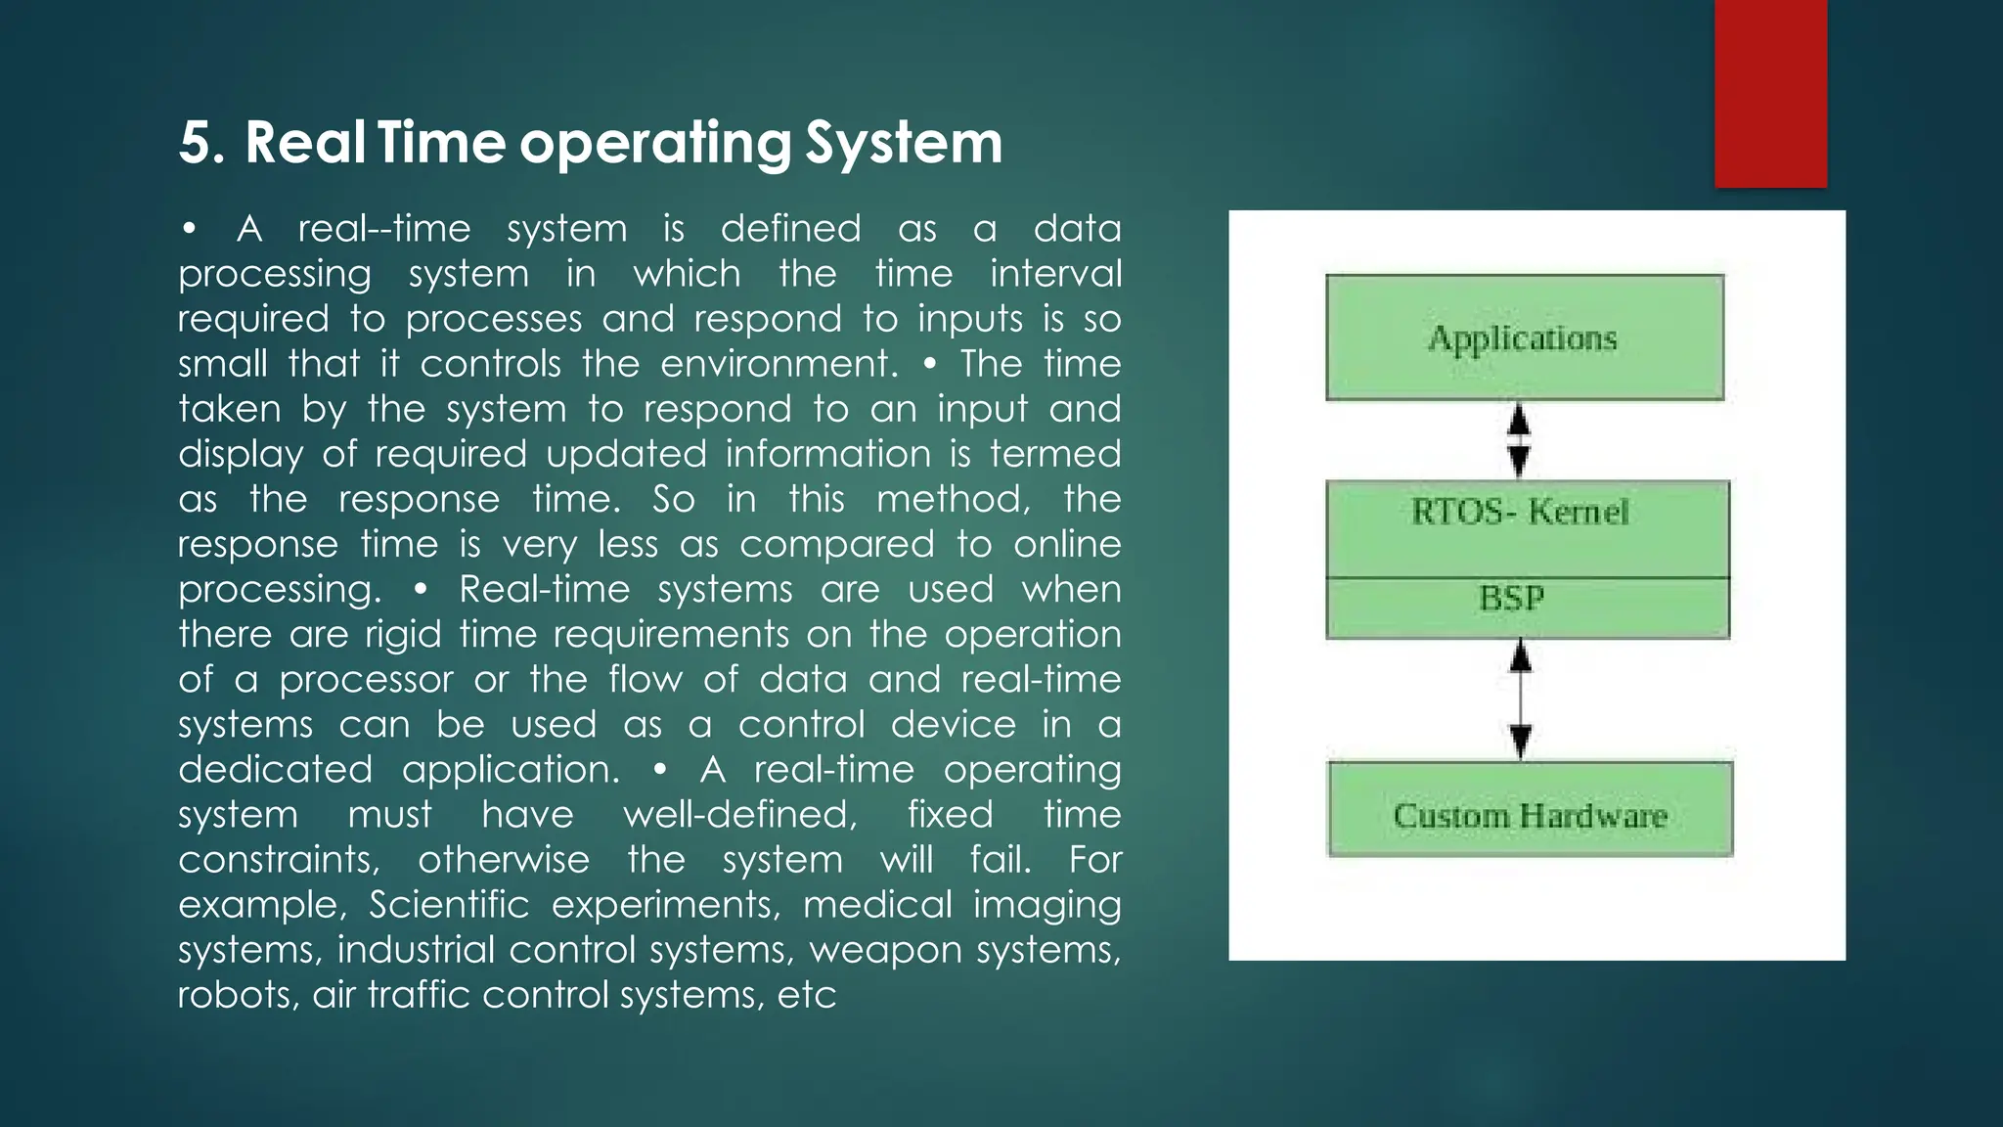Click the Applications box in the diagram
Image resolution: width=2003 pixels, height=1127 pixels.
click(x=1524, y=338)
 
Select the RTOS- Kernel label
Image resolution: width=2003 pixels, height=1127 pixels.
click(x=1520, y=512)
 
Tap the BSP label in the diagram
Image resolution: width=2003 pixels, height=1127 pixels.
click(x=1511, y=598)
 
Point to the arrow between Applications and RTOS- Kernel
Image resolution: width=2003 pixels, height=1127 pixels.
click(x=1519, y=440)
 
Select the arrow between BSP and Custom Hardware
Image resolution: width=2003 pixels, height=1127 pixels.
click(x=1520, y=699)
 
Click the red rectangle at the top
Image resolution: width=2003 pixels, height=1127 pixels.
click(x=1770, y=93)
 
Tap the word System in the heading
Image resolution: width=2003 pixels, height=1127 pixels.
click(x=904, y=143)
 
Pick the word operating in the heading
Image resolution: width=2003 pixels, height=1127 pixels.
click(x=654, y=143)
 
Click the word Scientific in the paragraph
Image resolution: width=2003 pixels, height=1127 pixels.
click(x=449, y=905)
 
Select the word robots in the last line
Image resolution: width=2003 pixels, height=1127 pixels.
click(x=236, y=995)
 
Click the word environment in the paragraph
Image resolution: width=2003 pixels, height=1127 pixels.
click(x=778, y=364)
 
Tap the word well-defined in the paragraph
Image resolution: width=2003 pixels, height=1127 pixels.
click(x=740, y=815)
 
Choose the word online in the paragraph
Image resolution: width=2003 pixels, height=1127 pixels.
click(x=1067, y=544)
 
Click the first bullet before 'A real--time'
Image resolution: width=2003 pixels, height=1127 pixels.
click(x=190, y=230)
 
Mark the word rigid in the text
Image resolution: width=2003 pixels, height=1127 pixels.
click(x=403, y=635)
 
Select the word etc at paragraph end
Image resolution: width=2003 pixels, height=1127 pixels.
click(x=807, y=995)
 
